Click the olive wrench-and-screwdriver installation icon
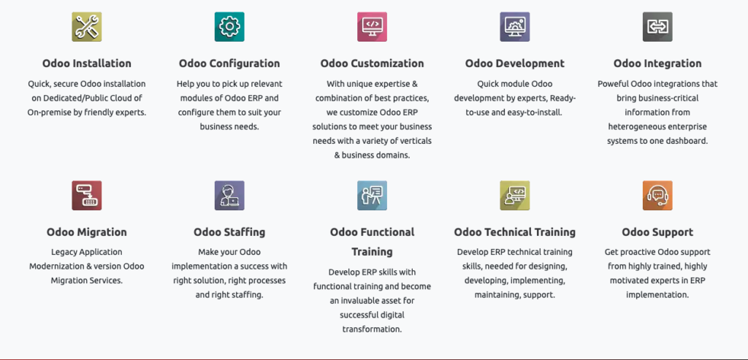click(x=86, y=27)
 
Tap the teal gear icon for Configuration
click(x=229, y=27)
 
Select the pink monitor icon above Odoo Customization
click(x=372, y=27)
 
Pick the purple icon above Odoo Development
click(x=515, y=27)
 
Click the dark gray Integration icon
click(x=657, y=27)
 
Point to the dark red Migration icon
click(x=86, y=196)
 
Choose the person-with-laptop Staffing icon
click(x=229, y=196)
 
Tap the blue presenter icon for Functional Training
click(x=372, y=196)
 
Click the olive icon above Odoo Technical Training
click(x=515, y=196)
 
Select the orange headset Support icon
click(x=657, y=196)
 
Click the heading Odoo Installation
click(x=87, y=64)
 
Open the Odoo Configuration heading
click(x=229, y=64)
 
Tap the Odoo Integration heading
click(x=657, y=64)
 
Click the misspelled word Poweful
click(x=612, y=84)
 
